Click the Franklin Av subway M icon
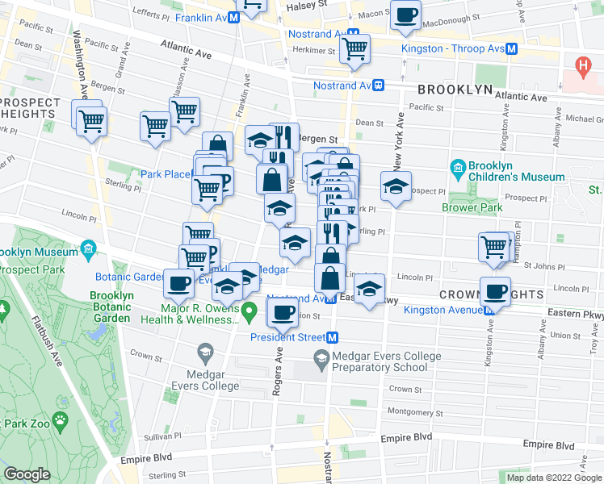(233, 17)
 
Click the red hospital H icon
(580, 64)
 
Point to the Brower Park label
(472, 207)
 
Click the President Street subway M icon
(332, 337)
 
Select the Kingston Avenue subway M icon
(489, 310)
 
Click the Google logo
(27, 474)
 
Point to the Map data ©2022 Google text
(553, 478)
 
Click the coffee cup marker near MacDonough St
(405, 13)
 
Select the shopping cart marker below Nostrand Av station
(354, 48)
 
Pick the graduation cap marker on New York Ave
(396, 186)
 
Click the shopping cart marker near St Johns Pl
(493, 248)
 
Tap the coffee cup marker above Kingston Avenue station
(495, 291)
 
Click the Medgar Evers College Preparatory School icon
(321, 357)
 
